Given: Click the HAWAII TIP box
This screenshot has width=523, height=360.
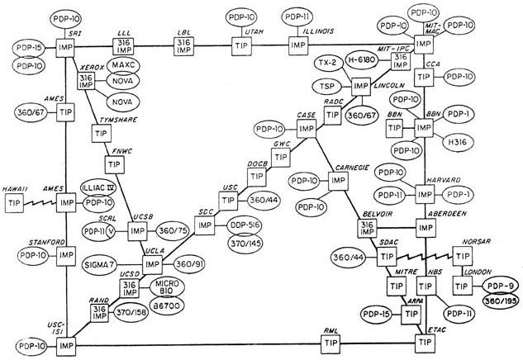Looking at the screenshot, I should pyautogui.click(x=14, y=202).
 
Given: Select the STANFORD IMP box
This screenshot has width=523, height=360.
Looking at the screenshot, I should pyautogui.click(x=67, y=255).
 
